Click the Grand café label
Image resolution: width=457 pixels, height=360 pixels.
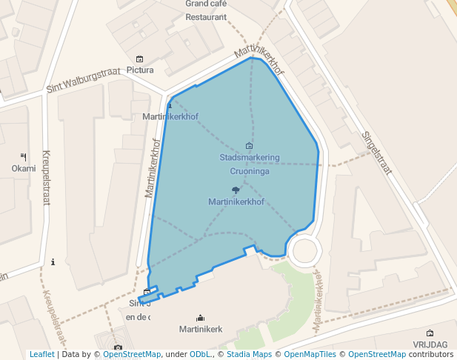tap(206, 4)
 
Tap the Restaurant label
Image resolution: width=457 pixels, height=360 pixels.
tap(206, 17)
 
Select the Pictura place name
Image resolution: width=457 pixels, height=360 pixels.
tap(140, 70)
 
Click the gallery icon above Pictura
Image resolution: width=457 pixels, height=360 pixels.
tap(139, 59)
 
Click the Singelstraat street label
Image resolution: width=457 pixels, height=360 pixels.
tap(376, 152)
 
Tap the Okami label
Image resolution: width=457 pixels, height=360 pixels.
tap(23, 168)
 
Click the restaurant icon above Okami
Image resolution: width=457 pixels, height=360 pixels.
tap(23, 156)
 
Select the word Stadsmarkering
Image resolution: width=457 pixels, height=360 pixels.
tap(249, 158)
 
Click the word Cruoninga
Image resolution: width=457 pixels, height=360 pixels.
tap(249, 171)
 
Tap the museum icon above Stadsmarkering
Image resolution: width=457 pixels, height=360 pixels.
tap(248, 146)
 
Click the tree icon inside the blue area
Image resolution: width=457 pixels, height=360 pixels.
tap(236, 190)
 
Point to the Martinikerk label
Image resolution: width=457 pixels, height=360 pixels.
tap(201, 329)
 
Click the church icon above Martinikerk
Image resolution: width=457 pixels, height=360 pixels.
tap(200, 318)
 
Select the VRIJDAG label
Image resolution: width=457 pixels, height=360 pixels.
tap(430, 345)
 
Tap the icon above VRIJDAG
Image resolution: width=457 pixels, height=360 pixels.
tap(430, 333)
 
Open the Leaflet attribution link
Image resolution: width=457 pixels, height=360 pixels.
tap(41, 355)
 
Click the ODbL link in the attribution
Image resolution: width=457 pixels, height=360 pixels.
tap(200, 355)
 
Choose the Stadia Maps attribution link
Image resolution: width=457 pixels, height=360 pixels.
tap(248, 355)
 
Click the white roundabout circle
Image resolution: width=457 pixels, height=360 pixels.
tap(306, 250)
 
